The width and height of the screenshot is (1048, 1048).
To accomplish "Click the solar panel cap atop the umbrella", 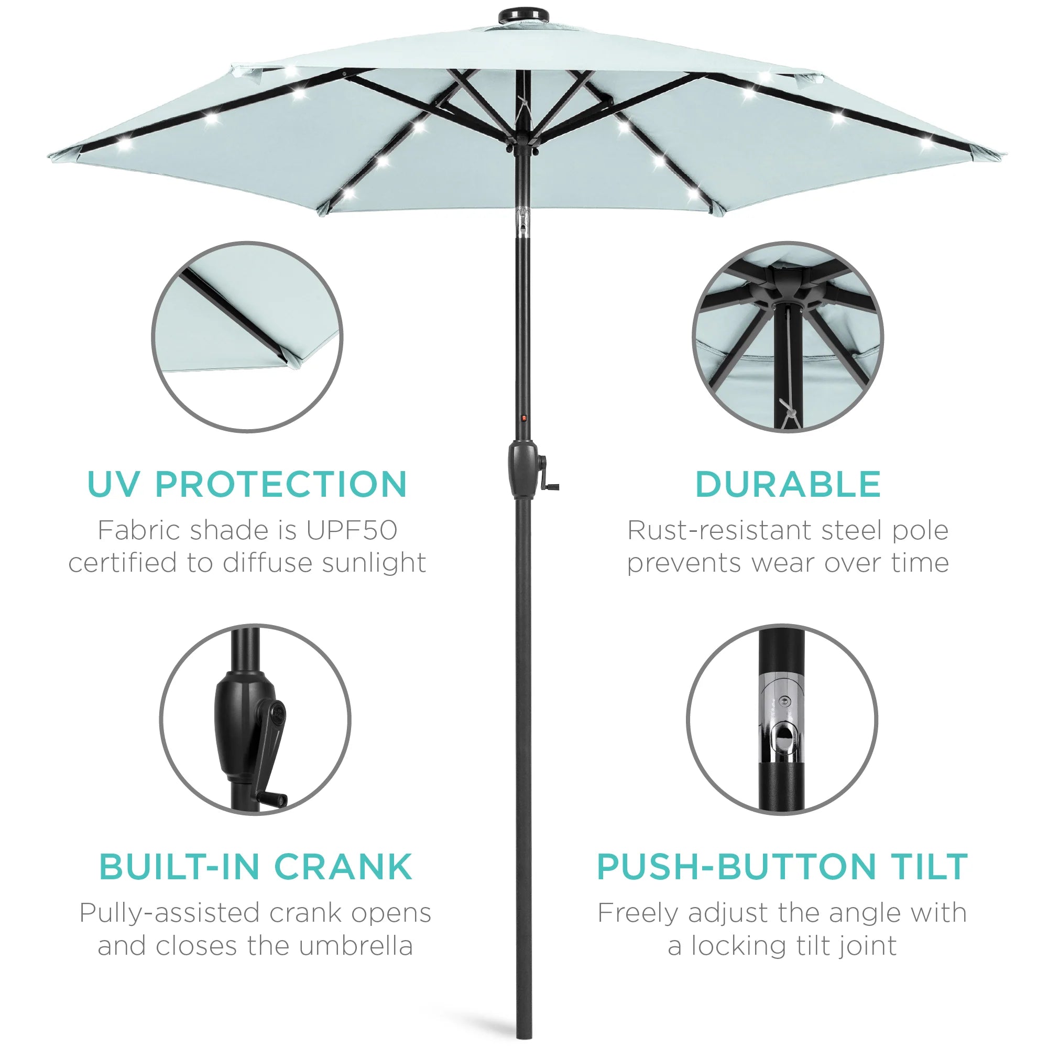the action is pos(516,15).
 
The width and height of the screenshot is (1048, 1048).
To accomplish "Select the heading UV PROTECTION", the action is pos(247,484).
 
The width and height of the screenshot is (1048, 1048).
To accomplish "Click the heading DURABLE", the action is pos(788,484).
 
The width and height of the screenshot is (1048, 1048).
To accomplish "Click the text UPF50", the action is pos(352,530).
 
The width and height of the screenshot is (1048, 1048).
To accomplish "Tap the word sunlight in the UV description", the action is pos(374,564).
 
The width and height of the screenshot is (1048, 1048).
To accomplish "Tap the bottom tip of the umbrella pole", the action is pos(522,1037).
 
